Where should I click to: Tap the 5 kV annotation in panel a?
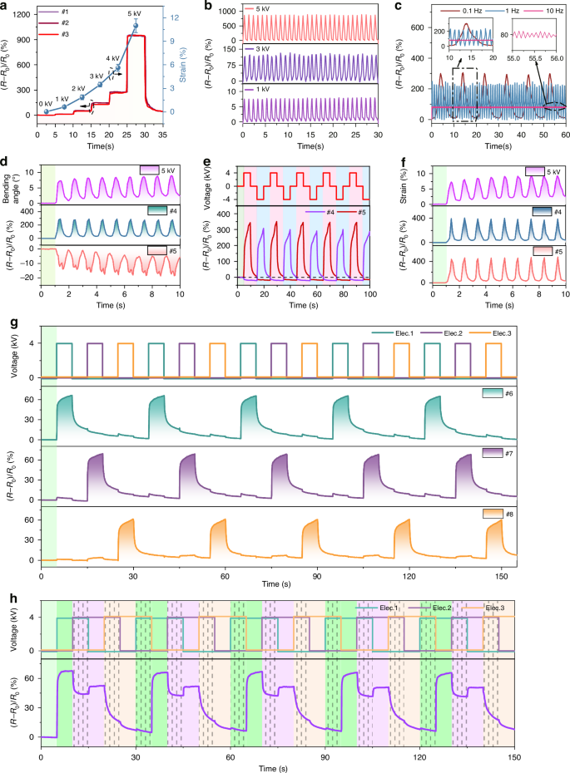(134, 14)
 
